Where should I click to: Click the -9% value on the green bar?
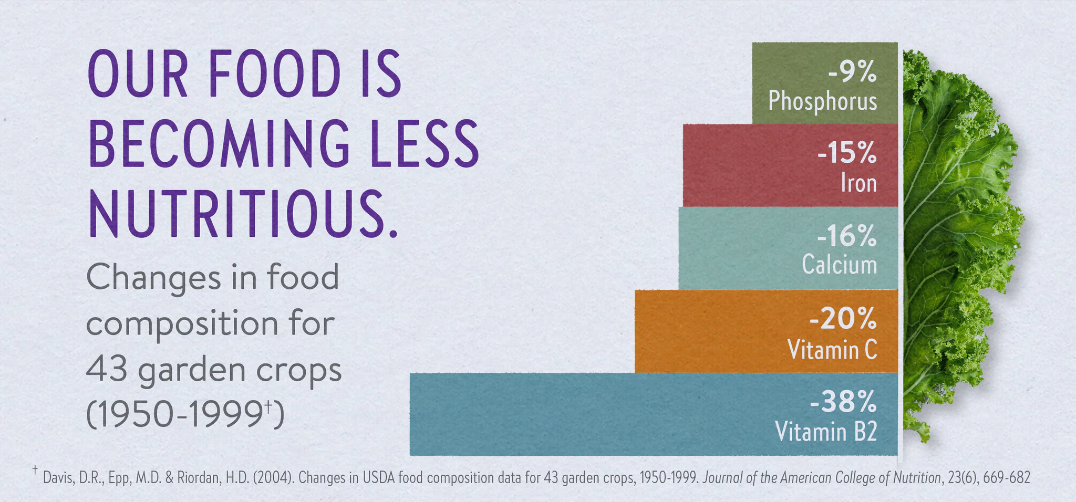[x=852, y=72]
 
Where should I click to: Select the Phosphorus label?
[x=822, y=101]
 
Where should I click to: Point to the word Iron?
[x=858, y=183]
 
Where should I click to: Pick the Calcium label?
[x=839, y=265]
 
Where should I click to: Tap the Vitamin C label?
[x=832, y=349]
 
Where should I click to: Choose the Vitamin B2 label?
[x=826, y=432]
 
